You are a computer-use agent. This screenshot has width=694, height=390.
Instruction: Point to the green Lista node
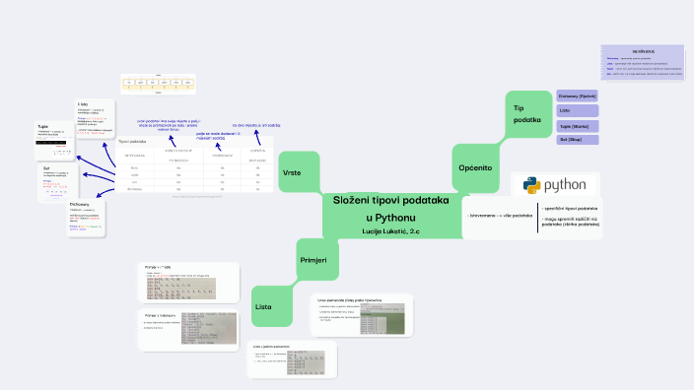[x=263, y=306]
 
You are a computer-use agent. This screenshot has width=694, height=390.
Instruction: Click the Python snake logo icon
[x=530, y=185]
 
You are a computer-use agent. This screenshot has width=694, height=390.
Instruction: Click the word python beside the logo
[x=565, y=185]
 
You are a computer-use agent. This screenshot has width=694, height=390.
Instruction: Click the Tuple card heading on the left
[x=43, y=126]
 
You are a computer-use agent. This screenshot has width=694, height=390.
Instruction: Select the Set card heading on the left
[x=46, y=168]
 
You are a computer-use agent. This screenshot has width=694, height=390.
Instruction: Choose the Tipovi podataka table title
[x=132, y=142]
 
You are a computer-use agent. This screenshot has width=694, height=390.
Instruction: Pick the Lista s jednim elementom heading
[x=272, y=347]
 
